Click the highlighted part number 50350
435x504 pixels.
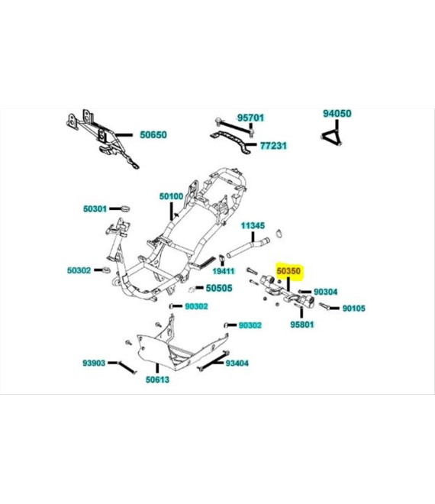pyautogui.click(x=289, y=271)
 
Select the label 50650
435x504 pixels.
pyautogui.click(x=153, y=134)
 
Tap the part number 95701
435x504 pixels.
pyautogui.click(x=250, y=118)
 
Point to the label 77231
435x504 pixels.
pyautogui.click(x=272, y=144)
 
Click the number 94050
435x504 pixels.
pyautogui.click(x=337, y=113)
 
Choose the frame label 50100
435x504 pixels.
pyautogui.click(x=171, y=196)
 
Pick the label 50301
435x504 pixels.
pyautogui.click(x=97, y=208)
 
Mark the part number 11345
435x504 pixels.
pyautogui.click(x=253, y=226)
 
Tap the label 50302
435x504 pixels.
pyautogui.click(x=79, y=270)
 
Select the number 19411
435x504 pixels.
pyautogui.click(x=224, y=271)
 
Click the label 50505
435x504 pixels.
pyautogui.click(x=219, y=289)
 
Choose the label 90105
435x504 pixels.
pyautogui.click(x=353, y=309)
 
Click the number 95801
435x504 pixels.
pyautogui.click(x=302, y=325)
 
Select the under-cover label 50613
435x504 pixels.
pyautogui.click(x=157, y=379)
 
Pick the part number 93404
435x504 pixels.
pyautogui.click(x=237, y=363)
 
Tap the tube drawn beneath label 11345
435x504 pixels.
pyautogui.click(x=246, y=249)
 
